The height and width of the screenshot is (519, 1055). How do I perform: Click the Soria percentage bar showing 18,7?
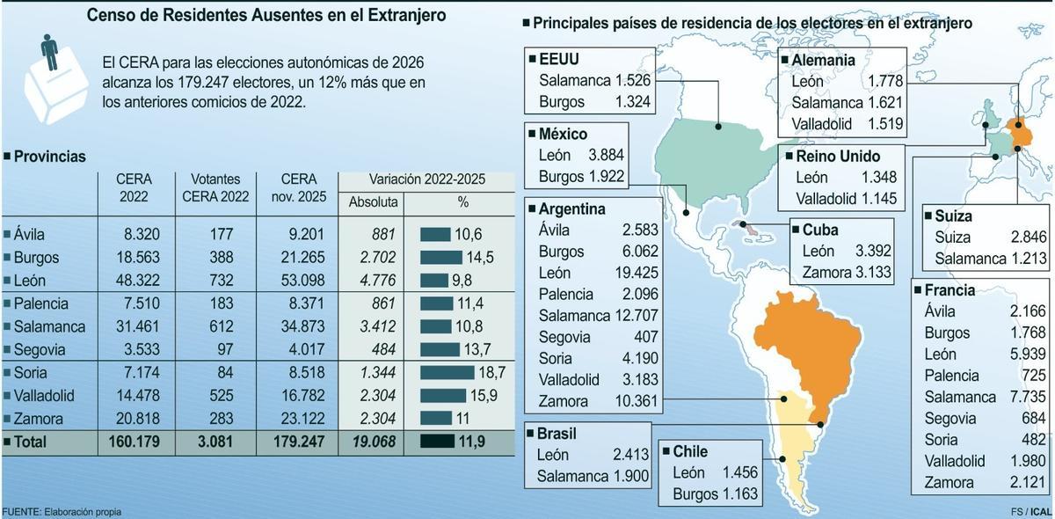point(448,372)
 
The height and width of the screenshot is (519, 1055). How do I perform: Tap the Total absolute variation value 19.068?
point(375,442)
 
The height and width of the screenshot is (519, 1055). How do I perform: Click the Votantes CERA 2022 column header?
point(215,188)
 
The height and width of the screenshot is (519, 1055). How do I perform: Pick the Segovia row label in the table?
point(40,349)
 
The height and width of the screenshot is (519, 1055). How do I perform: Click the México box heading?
point(562,134)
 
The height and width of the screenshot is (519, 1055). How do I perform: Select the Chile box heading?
point(691,451)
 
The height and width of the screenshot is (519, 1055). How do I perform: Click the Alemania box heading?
point(824,61)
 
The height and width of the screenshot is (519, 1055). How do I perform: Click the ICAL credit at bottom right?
point(1041,512)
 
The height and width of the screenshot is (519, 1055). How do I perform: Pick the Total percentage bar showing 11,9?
point(437,442)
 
